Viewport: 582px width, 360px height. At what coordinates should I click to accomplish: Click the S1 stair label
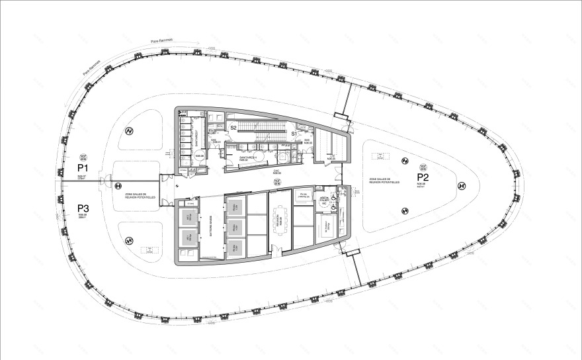[x=295, y=133]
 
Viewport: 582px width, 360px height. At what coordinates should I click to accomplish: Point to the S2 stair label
[x=233, y=127]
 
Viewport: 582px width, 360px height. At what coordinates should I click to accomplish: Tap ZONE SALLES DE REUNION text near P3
[x=140, y=197]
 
